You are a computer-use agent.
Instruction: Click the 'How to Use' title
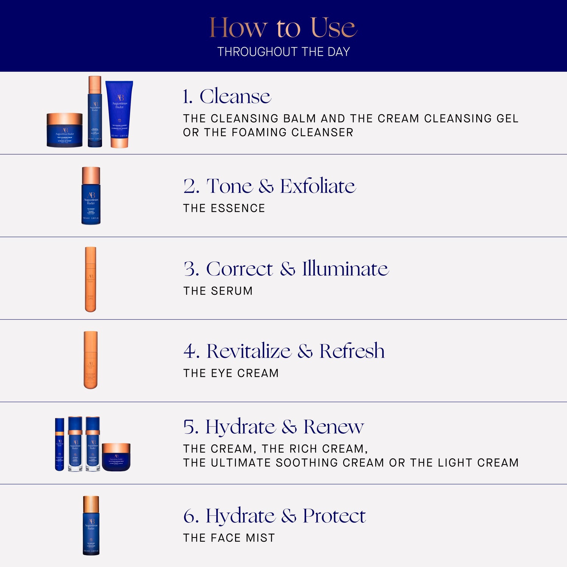[x=283, y=28]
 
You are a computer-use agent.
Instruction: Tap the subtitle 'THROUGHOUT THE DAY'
[x=283, y=52]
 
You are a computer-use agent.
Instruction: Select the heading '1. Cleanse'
[x=227, y=96]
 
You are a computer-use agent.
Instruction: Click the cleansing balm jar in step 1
[x=65, y=130]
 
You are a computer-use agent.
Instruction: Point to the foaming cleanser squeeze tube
[x=119, y=113]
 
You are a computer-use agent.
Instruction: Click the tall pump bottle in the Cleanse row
[x=95, y=112]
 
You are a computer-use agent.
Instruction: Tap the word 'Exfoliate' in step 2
[x=318, y=186]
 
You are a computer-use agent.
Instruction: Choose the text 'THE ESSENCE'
[x=224, y=208]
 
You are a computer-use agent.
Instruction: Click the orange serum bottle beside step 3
[x=91, y=279]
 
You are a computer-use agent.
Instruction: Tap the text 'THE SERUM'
[x=218, y=291]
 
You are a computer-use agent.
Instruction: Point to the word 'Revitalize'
[x=249, y=351]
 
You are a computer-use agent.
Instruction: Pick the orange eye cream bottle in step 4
[x=91, y=360]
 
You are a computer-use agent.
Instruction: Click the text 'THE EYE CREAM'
[x=231, y=373]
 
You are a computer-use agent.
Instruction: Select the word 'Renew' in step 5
[x=333, y=427]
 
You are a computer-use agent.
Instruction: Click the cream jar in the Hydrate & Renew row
[x=116, y=457]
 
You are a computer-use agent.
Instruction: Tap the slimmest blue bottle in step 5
[x=60, y=444]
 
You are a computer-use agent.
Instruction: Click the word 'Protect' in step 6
[x=334, y=516]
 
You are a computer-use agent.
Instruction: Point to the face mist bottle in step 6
[x=91, y=525]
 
